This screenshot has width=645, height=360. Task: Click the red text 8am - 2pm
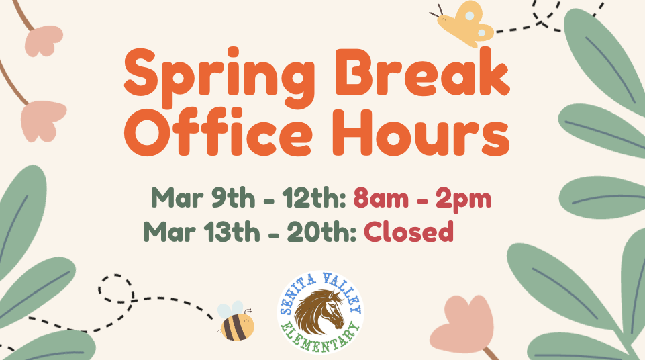pyautogui.click(x=423, y=199)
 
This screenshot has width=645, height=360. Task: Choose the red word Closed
pyautogui.click(x=409, y=232)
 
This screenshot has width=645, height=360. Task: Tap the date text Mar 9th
pyautogui.click(x=203, y=199)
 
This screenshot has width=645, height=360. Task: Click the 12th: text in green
pyautogui.click(x=315, y=199)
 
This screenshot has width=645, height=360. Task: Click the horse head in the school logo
pyautogui.click(x=321, y=313)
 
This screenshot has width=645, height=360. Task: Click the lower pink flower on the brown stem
pyautogui.click(x=44, y=121)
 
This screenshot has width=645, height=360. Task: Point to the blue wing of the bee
pyautogui.click(x=235, y=308)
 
